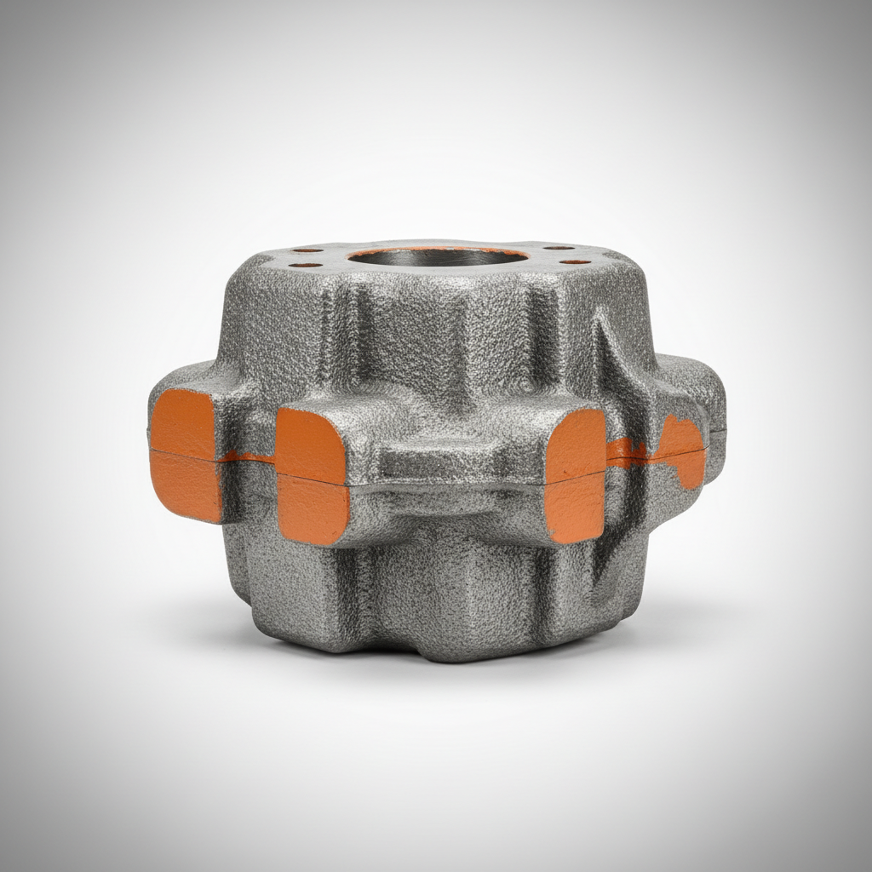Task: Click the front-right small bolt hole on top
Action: coord(576,261)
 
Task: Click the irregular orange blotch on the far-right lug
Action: coord(681,451)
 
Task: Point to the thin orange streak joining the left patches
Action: coord(248,458)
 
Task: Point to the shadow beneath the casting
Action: coord(443,673)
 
